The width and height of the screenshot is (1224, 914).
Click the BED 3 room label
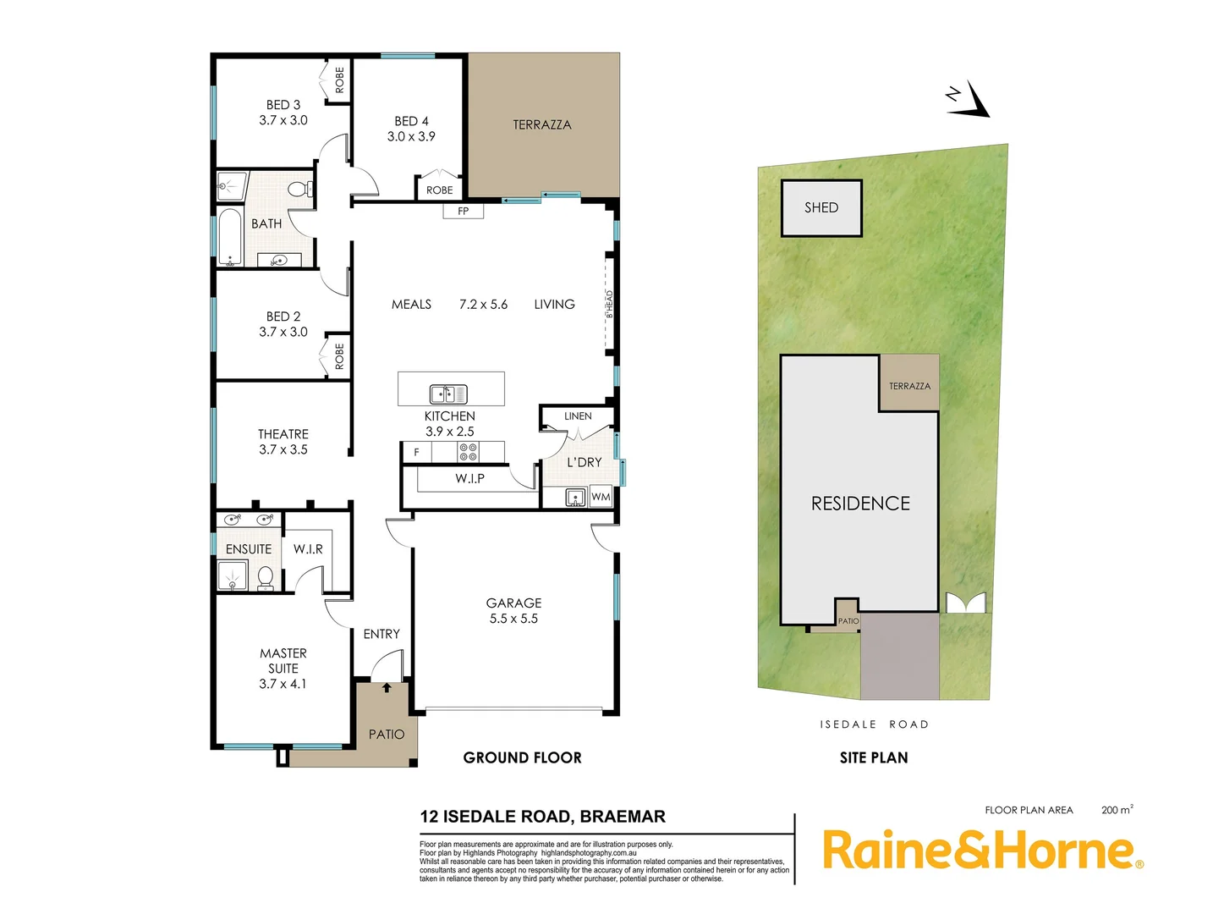(283, 105)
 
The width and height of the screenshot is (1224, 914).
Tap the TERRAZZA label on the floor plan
(541, 124)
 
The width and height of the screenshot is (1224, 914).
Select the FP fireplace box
(463, 211)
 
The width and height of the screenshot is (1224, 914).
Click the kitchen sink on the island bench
(448, 394)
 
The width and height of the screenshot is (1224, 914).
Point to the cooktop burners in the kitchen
(468, 452)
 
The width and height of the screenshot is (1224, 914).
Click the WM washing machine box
(601, 497)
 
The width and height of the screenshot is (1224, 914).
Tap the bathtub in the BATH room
(230, 237)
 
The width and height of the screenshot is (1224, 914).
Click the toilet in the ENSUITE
(265, 578)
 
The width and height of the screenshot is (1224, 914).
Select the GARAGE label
(513, 603)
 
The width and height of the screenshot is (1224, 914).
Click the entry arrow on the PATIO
(387, 687)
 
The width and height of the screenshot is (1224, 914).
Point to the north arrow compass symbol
(970, 98)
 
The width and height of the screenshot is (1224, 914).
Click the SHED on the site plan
(821, 207)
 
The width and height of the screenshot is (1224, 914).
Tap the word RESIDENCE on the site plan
(860, 504)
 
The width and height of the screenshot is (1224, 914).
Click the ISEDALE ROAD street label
(874, 724)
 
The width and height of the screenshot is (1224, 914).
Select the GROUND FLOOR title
(522, 757)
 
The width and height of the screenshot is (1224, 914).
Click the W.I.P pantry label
(469, 479)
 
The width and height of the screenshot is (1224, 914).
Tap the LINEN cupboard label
(578, 416)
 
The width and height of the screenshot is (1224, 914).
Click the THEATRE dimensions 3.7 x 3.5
(283, 449)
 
